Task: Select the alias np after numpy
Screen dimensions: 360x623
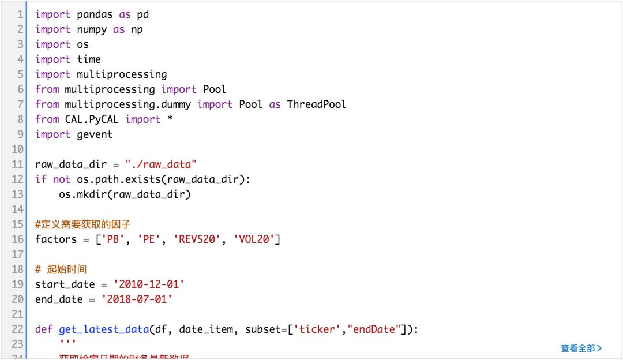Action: pos(137,29)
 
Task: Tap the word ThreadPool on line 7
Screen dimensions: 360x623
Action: pos(316,104)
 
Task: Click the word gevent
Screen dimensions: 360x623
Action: pos(95,134)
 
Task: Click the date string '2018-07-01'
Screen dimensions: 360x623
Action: pos(137,299)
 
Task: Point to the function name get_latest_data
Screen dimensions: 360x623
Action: pos(103,329)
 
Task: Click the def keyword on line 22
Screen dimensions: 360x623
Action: pos(44,329)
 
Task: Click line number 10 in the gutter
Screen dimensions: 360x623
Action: pos(17,149)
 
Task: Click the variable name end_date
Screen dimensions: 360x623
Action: pos(59,299)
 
